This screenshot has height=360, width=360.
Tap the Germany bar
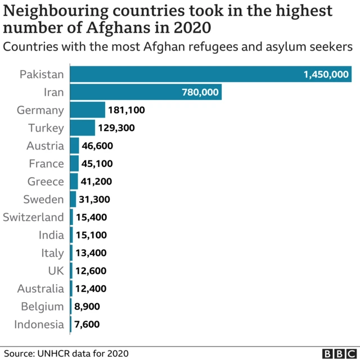click(x=88, y=110)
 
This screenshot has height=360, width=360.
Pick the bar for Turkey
click(x=83, y=128)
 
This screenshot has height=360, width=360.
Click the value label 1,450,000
click(x=326, y=74)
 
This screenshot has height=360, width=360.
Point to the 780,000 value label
click(x=200, y=92)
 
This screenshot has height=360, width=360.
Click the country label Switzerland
click(x=34, y=217)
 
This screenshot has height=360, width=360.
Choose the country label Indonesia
click(x=40, y=324)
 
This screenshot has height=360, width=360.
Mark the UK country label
click(x=56, y=271)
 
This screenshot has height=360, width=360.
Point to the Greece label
click(x=46, y=182)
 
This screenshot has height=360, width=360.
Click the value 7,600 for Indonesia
click(x=87, y=325)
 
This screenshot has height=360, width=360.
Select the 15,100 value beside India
click(x=92, y=235)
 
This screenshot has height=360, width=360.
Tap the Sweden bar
click(x=73, y=199)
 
